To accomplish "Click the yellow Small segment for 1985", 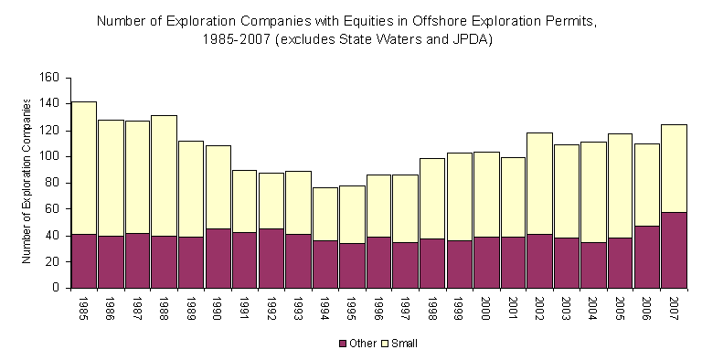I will click(x=83, y=168).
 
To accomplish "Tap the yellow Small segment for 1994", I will click(x=324, y=214).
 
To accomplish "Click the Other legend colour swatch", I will click(x=343, y=344).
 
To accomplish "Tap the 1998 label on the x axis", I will click(x=433, y=308).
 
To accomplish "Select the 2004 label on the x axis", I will click(x=593, y=308).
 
